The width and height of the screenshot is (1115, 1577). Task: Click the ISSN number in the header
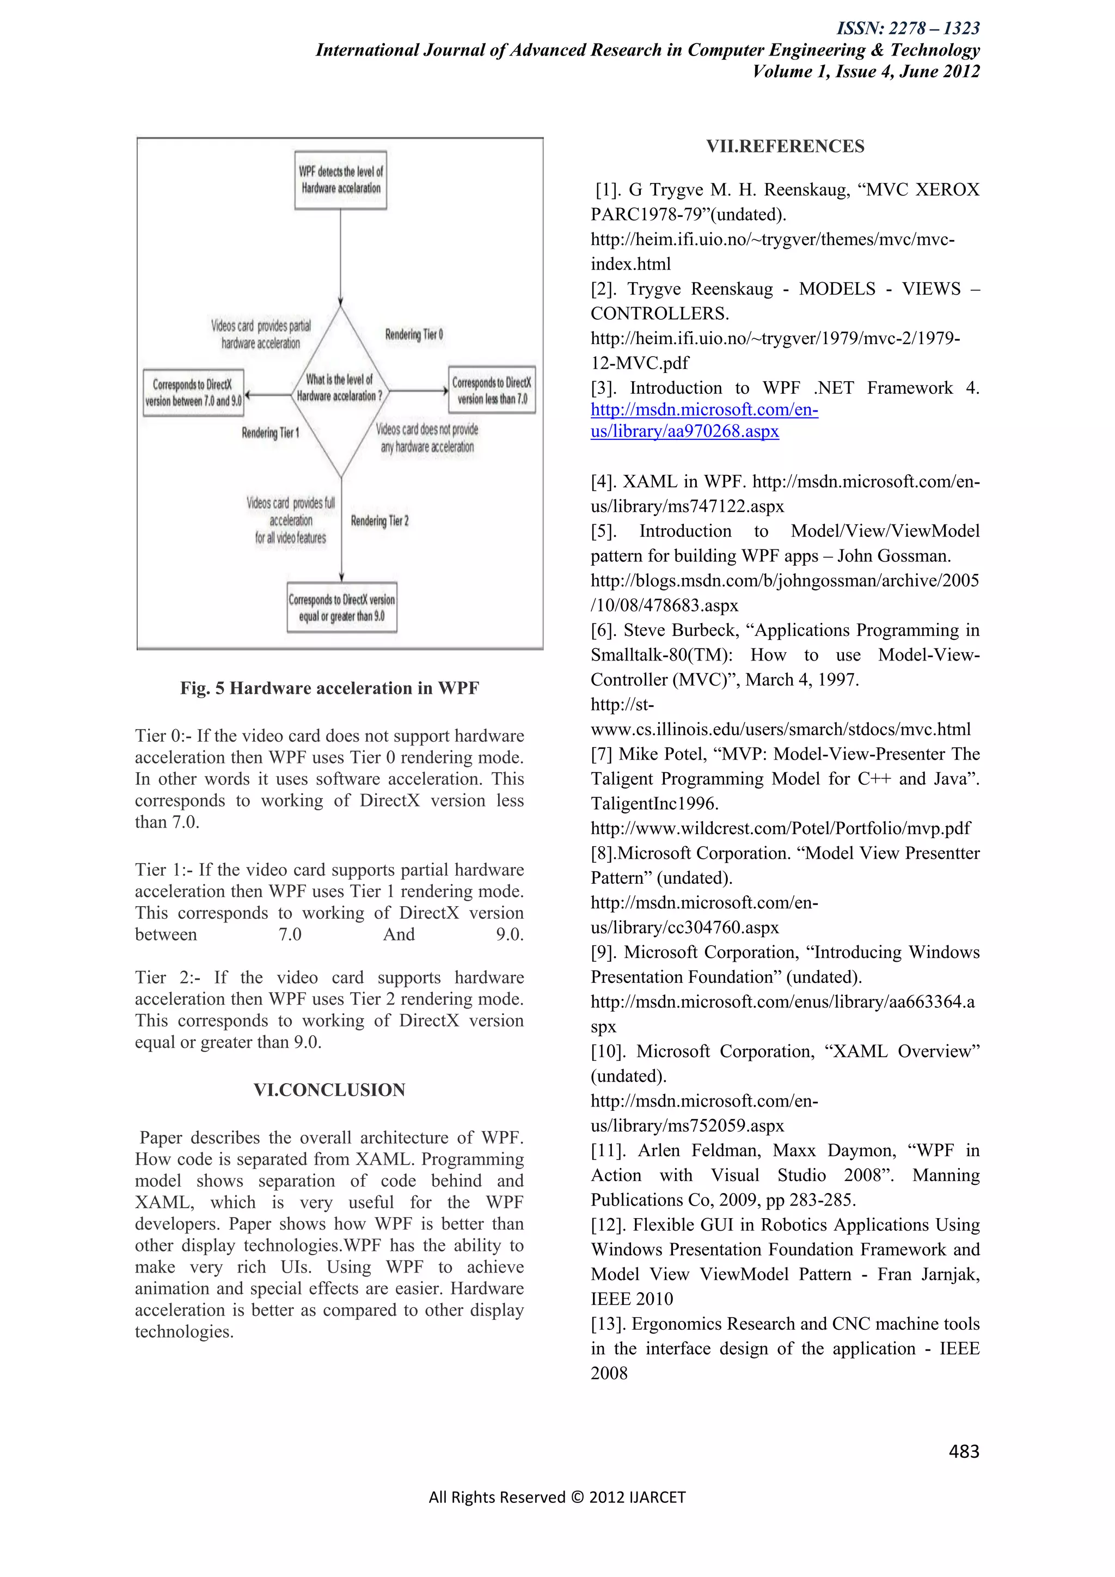[x=908, y=28]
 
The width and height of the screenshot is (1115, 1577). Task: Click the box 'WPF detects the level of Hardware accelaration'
[x=340, y=180]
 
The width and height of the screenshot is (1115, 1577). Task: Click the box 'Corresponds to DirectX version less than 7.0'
[x=492, y=390]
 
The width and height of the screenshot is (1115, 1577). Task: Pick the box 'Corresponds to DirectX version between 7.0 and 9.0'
[x=193, y=392]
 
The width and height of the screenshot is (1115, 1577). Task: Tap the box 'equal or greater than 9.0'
[x=341, y=608]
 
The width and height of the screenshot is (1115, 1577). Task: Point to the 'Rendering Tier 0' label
[x=413, y=334]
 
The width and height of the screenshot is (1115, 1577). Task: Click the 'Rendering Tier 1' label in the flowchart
[x=270, y=433]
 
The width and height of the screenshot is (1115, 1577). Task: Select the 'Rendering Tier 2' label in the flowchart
[x=379, y=521]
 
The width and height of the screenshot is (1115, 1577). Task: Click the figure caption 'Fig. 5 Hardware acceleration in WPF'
[x=329, y=688]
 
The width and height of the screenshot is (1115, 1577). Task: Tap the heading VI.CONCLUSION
[x=329, y=1090]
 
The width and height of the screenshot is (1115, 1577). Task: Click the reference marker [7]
[x=602, y=754]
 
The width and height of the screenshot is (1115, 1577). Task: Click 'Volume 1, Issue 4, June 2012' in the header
[x=866, y=72]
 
